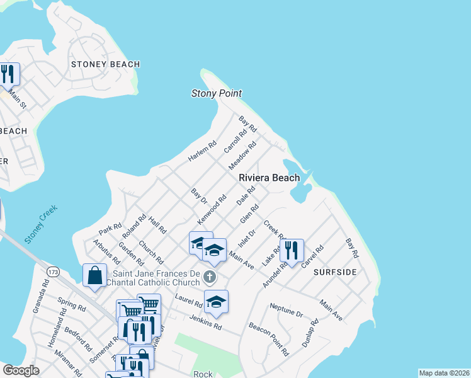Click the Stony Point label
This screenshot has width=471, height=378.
tap(217, 93)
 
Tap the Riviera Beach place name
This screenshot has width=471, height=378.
tap(269, 178)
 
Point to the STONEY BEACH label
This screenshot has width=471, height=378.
tap(105, 64)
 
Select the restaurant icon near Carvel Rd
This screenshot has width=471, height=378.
tap(292, 250)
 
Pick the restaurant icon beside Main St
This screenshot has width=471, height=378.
tap(8, 74)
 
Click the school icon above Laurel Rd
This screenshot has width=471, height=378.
tap(216, 302)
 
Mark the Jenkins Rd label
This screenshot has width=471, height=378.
tap(205, 323)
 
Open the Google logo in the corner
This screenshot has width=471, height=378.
tap(21, 370)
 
